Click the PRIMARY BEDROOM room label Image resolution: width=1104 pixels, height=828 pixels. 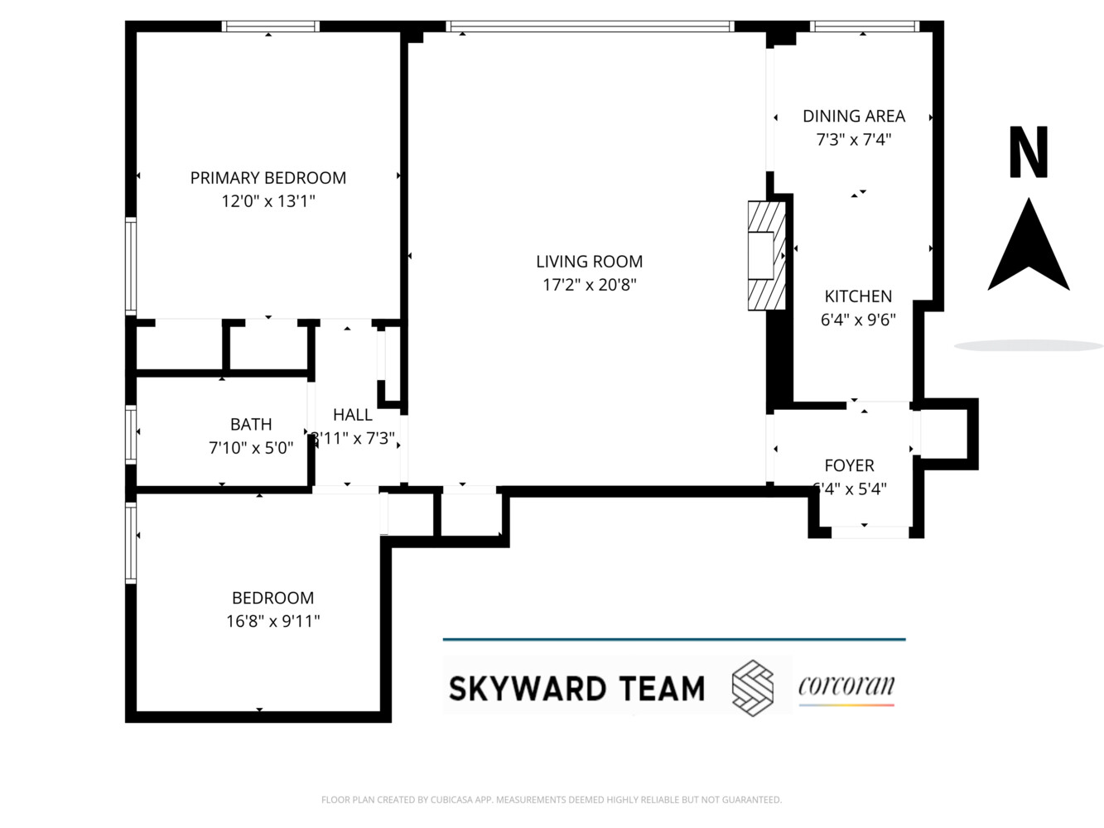click(x=268, y=178)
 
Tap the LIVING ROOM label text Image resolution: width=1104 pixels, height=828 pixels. click(x=589, y=262)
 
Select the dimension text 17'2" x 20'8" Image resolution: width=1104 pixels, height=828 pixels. click(x=589, y=285)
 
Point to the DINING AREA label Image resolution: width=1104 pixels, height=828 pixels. click(x=853, y=117)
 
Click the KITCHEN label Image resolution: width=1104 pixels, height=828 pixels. click(x=858, y=296)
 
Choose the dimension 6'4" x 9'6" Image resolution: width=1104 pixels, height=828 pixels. click(x=858, y=320)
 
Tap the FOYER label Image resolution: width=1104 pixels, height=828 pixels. click(x=849, y=466)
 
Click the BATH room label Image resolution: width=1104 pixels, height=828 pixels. click(x=251, y=425)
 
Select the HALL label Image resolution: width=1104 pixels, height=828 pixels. click(x=353, y=415)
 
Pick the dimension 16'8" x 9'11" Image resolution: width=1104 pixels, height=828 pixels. click(x=272, y=621)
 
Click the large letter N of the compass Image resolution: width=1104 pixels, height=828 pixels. click(x=1029, y=153)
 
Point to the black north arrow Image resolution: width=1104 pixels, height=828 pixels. click(x=1029, y=247)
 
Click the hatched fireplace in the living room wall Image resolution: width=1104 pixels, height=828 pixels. click(x=765, y=256)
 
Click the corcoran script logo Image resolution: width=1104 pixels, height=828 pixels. click(x=846, y=687)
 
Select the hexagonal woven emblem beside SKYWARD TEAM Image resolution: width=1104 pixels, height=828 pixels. click(x=753, y=688)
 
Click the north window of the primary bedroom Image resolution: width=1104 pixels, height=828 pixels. click(x=270, y=26)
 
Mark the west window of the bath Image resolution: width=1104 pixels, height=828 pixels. click(x=131, y=433)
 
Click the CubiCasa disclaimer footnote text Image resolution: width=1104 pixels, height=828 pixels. click(x=552, y=800)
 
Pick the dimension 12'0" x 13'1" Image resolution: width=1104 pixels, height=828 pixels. click(x=268, y=201)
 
